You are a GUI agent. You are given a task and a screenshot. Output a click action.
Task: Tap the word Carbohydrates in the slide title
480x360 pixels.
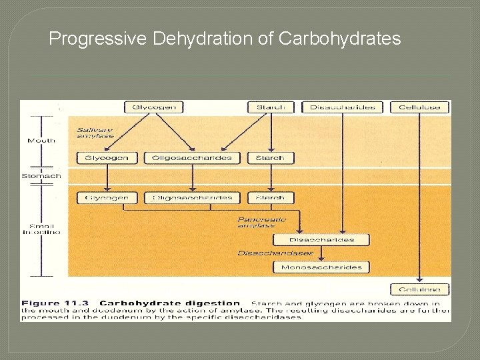point(340,39)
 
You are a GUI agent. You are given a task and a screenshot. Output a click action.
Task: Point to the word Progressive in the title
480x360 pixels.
point(97,39)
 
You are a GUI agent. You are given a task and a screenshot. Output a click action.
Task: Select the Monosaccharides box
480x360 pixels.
point(321,267)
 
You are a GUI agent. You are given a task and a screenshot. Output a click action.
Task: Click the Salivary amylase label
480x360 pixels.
point(94,132)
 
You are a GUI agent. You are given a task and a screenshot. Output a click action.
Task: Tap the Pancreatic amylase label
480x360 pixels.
point(261,222)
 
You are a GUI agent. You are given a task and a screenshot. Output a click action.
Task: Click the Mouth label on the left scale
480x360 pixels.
point(41,141)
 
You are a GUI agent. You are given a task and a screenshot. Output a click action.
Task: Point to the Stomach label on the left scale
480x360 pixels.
point(41,176)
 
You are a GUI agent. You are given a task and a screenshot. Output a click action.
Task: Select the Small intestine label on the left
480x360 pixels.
point(41,228)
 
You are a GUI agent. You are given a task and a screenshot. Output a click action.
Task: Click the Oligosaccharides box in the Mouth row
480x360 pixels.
point(192,158)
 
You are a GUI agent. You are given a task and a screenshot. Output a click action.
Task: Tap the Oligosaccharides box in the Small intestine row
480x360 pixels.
point(192,197)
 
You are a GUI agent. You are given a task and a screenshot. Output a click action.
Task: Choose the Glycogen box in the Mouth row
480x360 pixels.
point(107,158)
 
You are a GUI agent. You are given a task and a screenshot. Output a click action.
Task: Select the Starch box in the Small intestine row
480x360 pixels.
point(270,197)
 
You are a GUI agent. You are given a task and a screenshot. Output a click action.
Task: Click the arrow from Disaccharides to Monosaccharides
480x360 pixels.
point(322,253)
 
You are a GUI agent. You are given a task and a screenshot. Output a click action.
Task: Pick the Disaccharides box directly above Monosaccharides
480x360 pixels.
point(321,240)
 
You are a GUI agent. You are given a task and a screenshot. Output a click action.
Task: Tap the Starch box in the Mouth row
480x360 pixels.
point(270,158)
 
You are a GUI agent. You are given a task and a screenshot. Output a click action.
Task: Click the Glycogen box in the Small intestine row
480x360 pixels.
point(107,197)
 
